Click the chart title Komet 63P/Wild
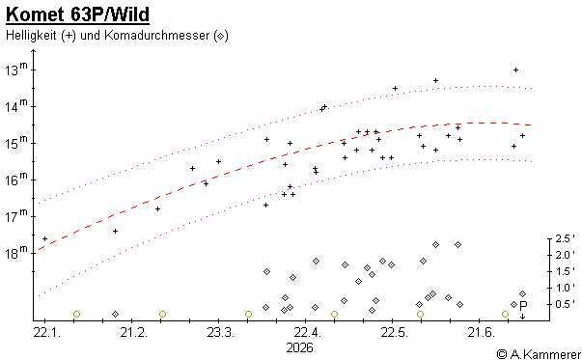77,14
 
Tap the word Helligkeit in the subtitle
31,36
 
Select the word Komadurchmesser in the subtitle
157,36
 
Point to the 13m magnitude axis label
16,69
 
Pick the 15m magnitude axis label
16,143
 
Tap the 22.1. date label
46,332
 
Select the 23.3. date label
220,332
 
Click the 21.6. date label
481,332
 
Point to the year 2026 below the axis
299,347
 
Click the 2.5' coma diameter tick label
565,238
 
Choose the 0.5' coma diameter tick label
565,304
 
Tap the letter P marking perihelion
523,306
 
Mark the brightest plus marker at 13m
515,69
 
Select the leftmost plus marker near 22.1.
45,238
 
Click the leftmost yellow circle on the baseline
77,314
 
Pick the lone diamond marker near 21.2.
116,314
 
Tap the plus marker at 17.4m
116,232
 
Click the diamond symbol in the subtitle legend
220,36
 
